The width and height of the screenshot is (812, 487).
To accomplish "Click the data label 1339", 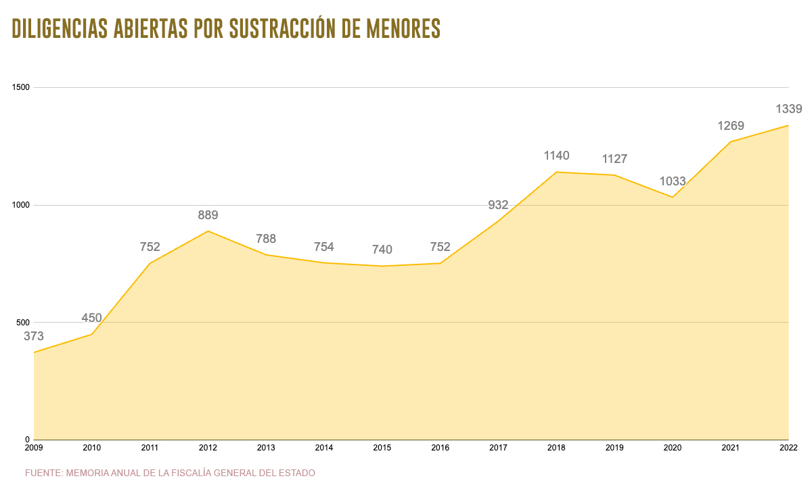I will coord(788,109).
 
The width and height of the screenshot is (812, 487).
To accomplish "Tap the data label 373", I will coord(34,336).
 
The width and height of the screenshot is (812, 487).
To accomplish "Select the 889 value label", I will coord(208,215).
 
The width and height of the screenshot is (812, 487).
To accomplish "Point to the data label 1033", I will coord(673,181).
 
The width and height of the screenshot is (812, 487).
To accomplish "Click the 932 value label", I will coord(498,205).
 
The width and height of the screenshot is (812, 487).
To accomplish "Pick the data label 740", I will coord(382,250).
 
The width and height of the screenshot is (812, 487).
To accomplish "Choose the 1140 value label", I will coord(557,156).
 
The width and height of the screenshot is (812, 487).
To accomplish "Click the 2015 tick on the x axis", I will coord(382,448).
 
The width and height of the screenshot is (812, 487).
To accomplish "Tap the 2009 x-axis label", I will coord(34,448).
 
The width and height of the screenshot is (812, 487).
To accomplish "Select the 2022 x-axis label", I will coord(788,448).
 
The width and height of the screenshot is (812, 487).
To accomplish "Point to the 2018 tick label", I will coord(557,448).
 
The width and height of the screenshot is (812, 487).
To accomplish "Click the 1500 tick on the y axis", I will coord(22,88).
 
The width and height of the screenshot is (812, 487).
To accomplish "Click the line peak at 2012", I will coord(208,231).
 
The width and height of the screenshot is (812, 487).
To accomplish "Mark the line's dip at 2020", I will coord(673,198).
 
